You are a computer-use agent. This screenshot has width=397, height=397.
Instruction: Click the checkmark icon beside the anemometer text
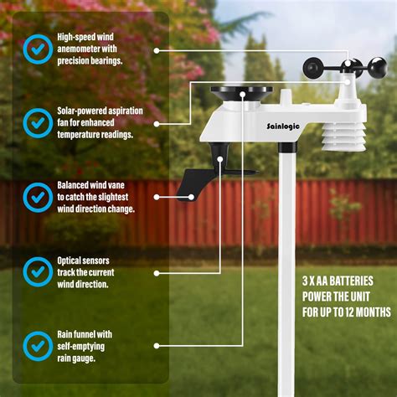(x=37, y=49)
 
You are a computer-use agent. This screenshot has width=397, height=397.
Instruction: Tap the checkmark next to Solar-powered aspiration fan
(x=37, y=123)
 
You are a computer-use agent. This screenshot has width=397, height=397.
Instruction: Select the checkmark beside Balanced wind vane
(x=37, y=197)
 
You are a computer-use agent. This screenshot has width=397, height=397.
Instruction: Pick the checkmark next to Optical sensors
(x=37, y=271)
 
